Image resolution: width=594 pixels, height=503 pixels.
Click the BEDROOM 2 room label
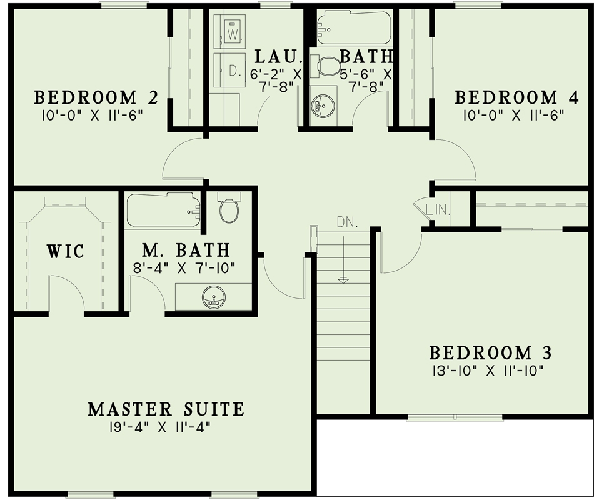(95, 97)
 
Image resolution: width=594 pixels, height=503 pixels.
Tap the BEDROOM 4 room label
(506, 97)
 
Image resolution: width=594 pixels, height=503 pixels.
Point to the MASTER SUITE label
(166, 409)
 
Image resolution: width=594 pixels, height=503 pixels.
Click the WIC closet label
(65, 251)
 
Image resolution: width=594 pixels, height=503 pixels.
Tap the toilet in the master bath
(229, 209)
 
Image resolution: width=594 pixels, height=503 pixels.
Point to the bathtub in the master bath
(163, 210)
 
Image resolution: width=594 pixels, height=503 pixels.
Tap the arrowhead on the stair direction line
(343, 280)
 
